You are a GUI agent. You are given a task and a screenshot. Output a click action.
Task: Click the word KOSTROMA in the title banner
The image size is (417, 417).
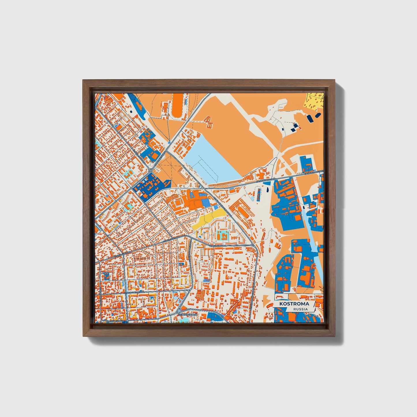294,304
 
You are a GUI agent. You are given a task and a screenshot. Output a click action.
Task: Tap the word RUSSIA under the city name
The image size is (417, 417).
300,309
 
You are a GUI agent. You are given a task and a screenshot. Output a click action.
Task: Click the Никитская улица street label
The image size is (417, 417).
114,320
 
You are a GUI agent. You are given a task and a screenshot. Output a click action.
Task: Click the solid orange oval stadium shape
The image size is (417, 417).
178,106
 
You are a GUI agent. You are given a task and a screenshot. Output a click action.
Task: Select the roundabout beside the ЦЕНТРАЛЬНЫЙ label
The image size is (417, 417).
179,311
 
